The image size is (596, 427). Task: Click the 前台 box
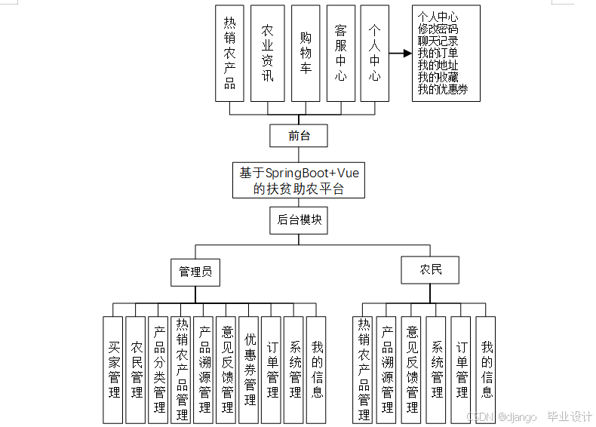point(299,136)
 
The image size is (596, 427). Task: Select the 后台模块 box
point(299,220)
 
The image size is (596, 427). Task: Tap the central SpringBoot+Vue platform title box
point(299,181)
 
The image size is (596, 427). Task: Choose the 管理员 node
point(195,272)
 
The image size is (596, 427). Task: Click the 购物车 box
point(305,54)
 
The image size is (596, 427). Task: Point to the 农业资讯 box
point(267,54)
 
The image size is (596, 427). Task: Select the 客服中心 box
point(341,54)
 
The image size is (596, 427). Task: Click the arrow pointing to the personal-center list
point(400,54)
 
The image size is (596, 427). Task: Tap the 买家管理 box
point(114,369)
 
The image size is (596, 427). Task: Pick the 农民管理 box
point(137,369)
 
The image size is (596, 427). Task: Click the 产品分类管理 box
point(159,369)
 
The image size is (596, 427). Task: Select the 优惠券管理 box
point(250,369)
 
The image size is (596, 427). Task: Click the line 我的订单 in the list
point(438,53)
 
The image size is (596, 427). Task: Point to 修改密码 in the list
point(438,29)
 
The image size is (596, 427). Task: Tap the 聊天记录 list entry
point(438,41)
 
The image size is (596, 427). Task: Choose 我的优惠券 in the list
point(443,89)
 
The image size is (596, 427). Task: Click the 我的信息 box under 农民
point(487,369)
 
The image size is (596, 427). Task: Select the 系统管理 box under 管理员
point(295,369)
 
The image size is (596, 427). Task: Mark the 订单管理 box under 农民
point(462,369)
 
